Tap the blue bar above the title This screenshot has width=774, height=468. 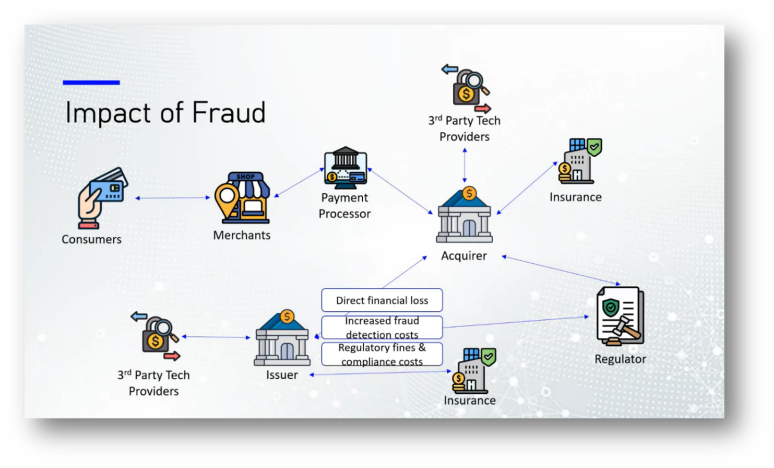click(x=91, y=83)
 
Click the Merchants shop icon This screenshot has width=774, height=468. click(x=242, y=198)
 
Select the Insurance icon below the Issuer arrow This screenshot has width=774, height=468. click(x=474, y=370)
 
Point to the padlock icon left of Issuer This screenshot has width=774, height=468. click(x=156, y=336)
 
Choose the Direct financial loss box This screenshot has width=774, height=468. click(x=382, y=300)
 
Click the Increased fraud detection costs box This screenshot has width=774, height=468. click(x=382, y=327)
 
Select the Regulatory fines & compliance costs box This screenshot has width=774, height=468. click(x=382, y=355)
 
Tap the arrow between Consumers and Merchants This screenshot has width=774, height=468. click(x=173, y=198)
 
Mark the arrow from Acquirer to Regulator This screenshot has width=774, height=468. click(x=561, y=270)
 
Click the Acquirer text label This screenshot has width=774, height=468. click(x=464, y=256)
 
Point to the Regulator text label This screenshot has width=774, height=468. click(x=620, y=359)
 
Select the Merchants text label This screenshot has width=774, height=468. click(x=242, y=235)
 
